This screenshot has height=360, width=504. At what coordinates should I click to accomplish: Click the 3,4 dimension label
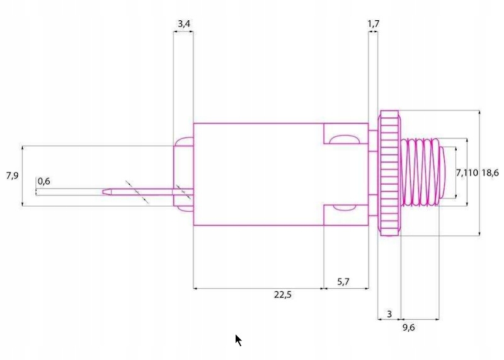(183, 24)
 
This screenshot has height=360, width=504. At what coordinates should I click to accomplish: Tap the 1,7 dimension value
(373, 24)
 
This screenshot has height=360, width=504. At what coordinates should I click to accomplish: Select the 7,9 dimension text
(12, 176)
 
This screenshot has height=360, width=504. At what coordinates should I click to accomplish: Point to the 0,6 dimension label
(44, 182)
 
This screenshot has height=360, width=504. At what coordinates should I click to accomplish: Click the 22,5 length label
(283, 294)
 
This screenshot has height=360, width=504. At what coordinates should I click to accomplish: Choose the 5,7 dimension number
(343, 282)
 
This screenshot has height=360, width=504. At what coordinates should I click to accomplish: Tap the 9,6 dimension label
(408, 328)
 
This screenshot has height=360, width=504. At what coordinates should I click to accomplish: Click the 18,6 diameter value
(490, 173)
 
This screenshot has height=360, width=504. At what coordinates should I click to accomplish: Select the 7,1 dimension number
(462, 173)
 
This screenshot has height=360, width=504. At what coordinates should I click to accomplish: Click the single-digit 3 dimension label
(389, 314)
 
